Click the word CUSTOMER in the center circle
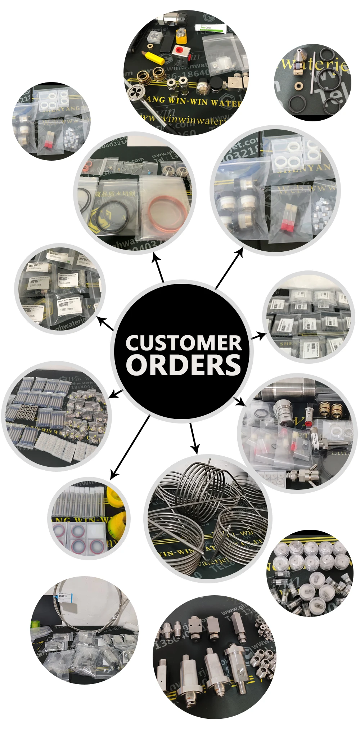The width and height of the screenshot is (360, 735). pyautogui.click(x=184, y=343)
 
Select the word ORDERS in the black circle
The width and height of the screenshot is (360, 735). pyautogui.click(x=184, y=365)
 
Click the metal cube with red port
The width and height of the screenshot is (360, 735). pyautogui.click(x=179, y=51)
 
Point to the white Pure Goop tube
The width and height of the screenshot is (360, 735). pyautogui.click(x=210, y=27)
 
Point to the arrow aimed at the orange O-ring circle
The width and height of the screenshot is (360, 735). pyautogui.click(x=158, y=266)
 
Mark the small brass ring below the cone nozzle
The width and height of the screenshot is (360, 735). pyautogui.click(x=299, y=86)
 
